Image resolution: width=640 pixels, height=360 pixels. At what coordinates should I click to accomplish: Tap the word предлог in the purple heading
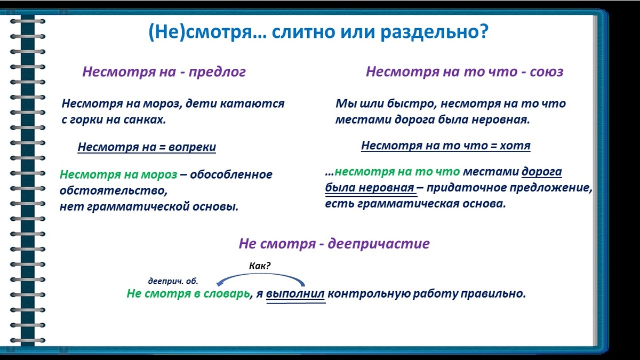[217, 72]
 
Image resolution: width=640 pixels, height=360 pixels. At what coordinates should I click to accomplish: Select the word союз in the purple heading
[547, 71]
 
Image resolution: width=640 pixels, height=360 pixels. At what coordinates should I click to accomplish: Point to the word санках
[145, 119]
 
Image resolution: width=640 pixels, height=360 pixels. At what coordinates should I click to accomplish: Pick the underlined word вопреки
[192, 147]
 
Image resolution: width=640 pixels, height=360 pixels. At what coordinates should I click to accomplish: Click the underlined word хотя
[515, 146]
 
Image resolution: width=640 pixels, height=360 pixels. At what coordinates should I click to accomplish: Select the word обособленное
[231, 174]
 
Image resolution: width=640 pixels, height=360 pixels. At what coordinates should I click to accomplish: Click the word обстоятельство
[114, 190]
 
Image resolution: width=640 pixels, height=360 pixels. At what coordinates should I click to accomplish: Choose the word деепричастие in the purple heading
[379, 244]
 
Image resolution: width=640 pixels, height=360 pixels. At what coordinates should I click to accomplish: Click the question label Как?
[260, 266]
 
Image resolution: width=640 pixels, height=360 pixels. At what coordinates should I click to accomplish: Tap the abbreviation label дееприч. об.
[173, 282]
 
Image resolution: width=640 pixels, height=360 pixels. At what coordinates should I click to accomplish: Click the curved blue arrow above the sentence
[260, 274]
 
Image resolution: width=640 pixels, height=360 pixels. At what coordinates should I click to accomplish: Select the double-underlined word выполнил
[295, 294]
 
